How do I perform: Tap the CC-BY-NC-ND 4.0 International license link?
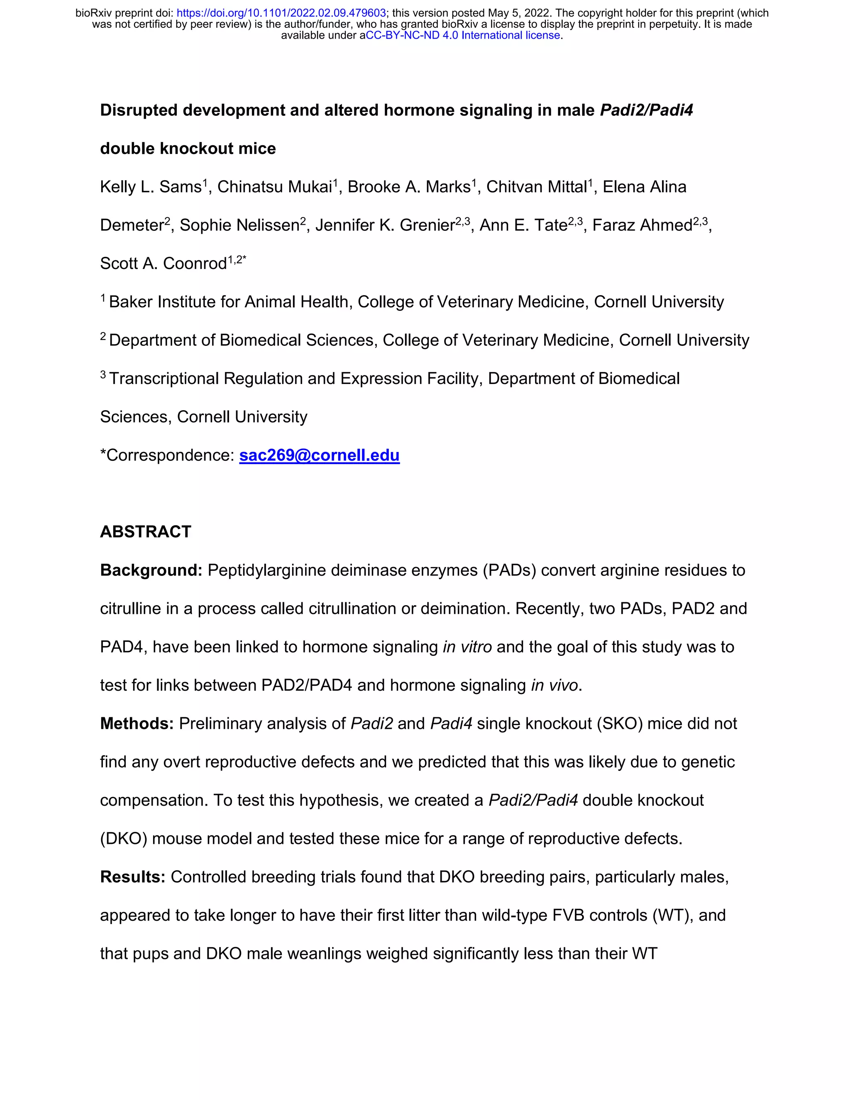pos(462,35)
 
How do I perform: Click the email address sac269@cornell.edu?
pos(319,455)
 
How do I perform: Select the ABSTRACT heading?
pos(146,532)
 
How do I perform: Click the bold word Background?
pos(151,570)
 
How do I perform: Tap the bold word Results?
pos(133,877)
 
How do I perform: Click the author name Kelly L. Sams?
pos(151,187)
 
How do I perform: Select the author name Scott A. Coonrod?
pos(163,264)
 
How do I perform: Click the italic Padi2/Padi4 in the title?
pos(647,110)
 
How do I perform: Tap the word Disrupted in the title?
pos(139,110)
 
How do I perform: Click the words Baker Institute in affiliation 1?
pos(166,302)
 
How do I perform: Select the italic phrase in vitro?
pos(467,647)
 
